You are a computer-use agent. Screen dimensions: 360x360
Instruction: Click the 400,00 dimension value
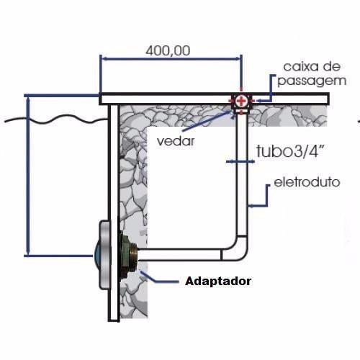pos(168,50)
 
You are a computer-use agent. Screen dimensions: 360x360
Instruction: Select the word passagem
pos(312,81)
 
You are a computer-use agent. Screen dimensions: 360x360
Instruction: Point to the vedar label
pos(176,141)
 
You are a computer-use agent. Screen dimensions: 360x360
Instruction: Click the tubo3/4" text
pos(291,151)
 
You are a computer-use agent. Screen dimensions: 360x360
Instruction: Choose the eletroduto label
pos(307,182)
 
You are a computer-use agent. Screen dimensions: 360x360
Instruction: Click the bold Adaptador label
pos(218,281)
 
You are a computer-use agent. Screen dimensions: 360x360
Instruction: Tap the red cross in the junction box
pos(241,101)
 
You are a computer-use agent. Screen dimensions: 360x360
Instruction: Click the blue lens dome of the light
pos(96,256)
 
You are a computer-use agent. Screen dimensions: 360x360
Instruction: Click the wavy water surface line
pos(55,120)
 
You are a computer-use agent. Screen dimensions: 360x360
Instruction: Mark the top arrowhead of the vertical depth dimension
pos(28,99)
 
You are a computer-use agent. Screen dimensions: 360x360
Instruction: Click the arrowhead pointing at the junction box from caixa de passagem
pos(257,101)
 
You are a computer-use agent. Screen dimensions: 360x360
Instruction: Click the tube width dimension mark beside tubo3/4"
pos(240,162)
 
